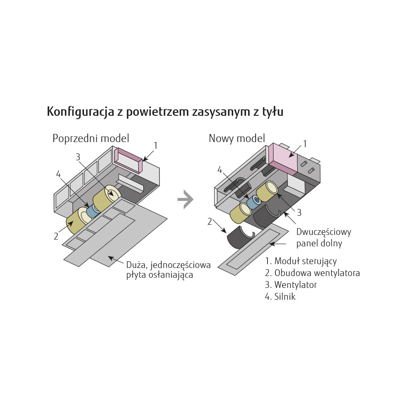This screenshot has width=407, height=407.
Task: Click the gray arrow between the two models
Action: pyautogui.click(x=186, y=199)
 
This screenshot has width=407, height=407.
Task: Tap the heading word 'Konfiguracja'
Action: pyautogui.click(x=81, y=112)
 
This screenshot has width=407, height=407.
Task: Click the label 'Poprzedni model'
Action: pyautogui.click(x=91, y=138)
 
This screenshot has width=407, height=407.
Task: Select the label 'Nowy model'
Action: pyautogui.click(x=237, y=138)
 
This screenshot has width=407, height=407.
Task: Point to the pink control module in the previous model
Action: pyautogui.click(x=128, y=160)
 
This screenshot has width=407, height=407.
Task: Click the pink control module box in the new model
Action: pyautogui.click(x=283, y=158)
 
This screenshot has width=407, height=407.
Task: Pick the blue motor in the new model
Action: pyautogui.click(x=253, y=202)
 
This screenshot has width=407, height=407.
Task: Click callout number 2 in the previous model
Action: pyautogui.click(x=56, y=236)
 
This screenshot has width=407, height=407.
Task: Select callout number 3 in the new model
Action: pyautogui.click(x=299, y=212)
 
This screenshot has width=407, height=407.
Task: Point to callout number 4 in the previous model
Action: pyautogui.click(x=59, y=174)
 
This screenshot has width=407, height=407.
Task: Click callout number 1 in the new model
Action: pyautogui.click(x=305, y=144)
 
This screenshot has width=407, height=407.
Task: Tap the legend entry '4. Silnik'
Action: pyautogui.click(x=280, y=296)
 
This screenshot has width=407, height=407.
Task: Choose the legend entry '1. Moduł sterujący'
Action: pyautogui.click(x=301, y=261)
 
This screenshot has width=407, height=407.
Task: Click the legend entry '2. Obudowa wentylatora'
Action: pyautogui.click(x=312, y=273)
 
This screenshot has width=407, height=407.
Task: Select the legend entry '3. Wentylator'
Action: pyautogui.click(x=291, y=285)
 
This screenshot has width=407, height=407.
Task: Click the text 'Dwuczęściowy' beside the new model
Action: pyautogui.click(x=323, y=232)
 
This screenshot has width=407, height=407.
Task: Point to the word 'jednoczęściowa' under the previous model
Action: pyautogui.click(x=181, y=265)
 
